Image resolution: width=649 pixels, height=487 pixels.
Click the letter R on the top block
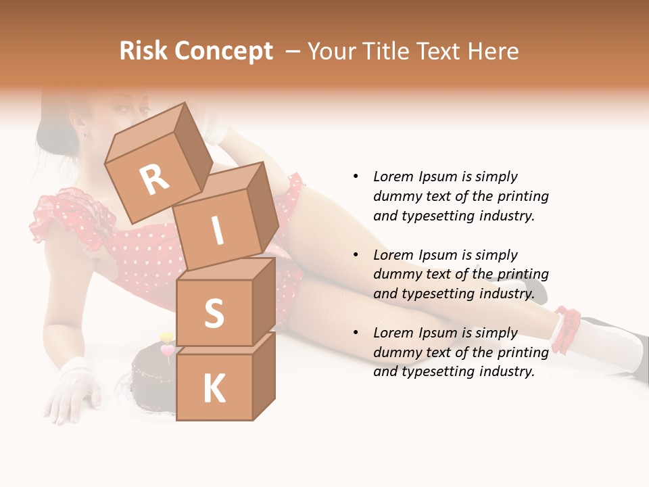[x=155, y=179]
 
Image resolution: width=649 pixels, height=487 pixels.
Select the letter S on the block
[x=214, y=313]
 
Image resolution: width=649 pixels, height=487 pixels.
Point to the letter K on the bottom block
[x=214, y=389]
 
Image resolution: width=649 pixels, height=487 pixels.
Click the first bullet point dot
[x=356, y=177]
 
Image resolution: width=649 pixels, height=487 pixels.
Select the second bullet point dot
[x=356, y=255]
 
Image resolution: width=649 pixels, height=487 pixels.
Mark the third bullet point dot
[x=356, y=333]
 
